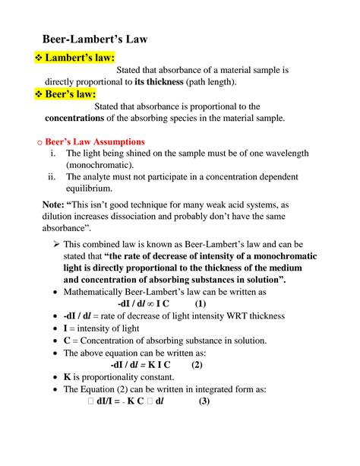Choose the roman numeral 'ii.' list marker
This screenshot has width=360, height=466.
[x=53, y=177]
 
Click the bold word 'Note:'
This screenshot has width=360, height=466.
[x=55, y=203]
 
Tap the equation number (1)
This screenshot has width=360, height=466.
[x=200, y=303]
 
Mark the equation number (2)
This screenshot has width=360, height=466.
[x=196, y=364]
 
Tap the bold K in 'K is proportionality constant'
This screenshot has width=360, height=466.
[x=68, y=377]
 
